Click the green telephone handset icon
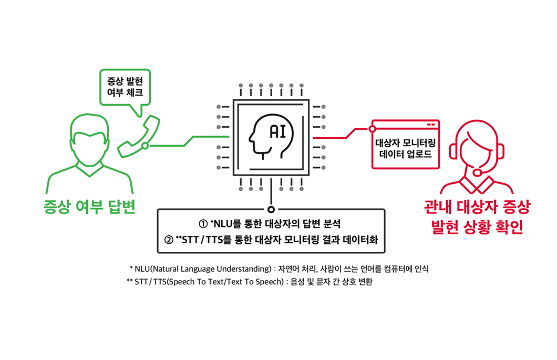click(139, 136)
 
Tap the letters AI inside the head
click(278, 131)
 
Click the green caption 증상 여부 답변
click(89, 207)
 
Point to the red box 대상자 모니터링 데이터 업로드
click(406, 145)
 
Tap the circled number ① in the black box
click(203, 224)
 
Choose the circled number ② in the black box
click(169, 240)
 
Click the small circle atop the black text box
click(271, 209)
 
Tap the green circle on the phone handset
click(145, 146)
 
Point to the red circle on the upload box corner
click(372, 129)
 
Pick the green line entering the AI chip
click(189, 141)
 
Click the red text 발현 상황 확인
click(477, 227)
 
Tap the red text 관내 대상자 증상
click(477, 207)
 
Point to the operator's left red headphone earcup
click(453, 151)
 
